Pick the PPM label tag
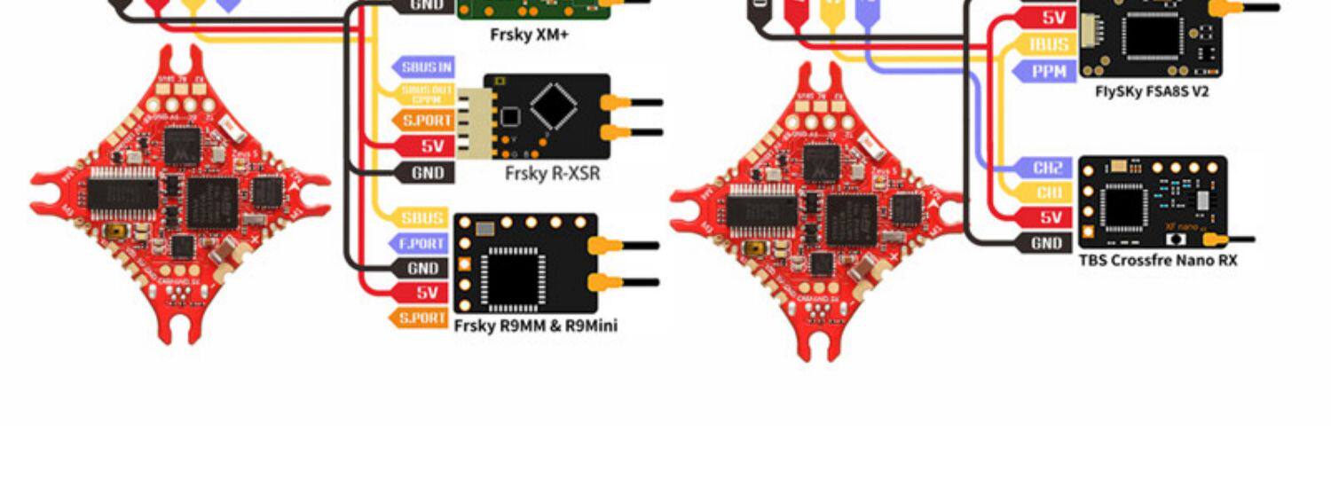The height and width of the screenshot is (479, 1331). coord(1049,71)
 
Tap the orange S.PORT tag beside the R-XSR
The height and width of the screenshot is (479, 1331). coord(425,120)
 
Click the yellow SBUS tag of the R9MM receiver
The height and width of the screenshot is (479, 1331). coord(420,216)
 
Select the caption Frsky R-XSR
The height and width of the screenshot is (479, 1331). coord(552,174)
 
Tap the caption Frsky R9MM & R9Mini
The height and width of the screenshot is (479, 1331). coord(535,326)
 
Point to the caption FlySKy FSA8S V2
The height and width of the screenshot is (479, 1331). coord(1151,90)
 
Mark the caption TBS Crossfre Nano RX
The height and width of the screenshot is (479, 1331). coord(1157,261)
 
